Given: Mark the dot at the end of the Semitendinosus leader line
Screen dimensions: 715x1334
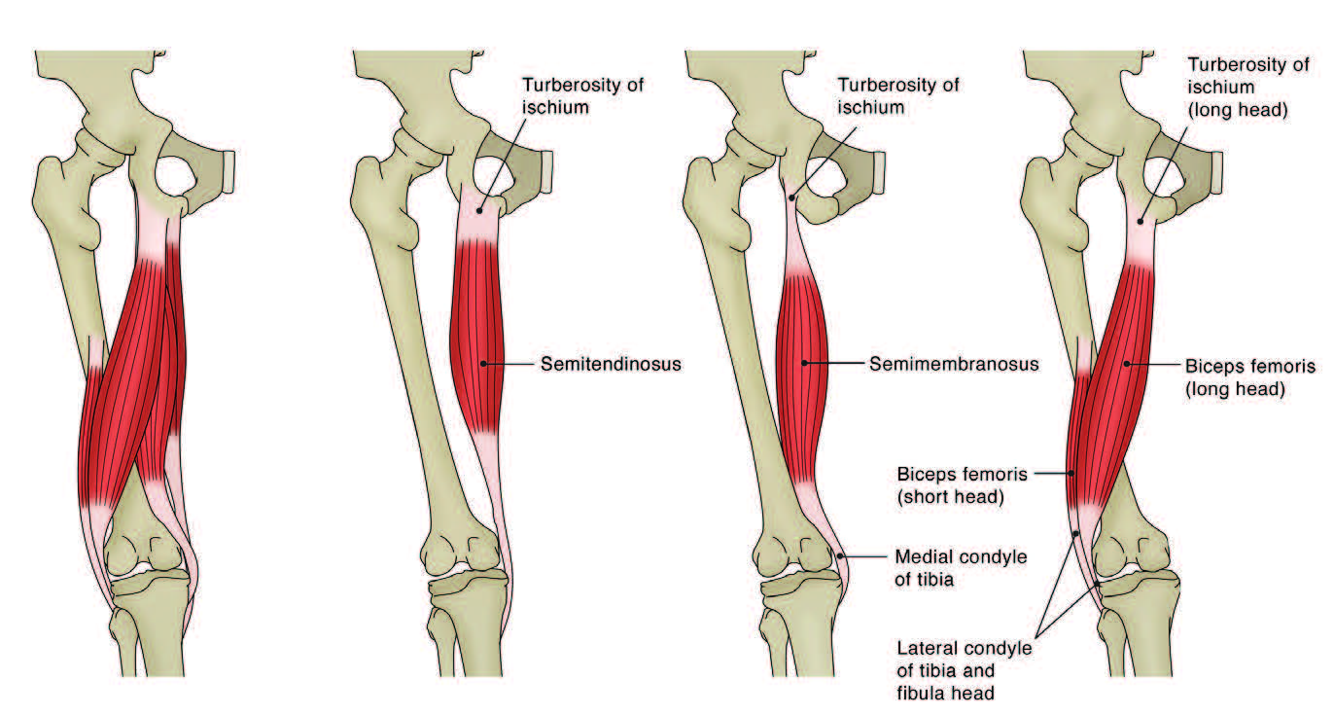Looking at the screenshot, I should click(484, 364).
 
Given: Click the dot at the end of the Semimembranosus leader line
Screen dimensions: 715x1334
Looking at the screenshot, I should click(804, 364).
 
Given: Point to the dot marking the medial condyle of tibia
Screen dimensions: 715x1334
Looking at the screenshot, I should click(840, 557).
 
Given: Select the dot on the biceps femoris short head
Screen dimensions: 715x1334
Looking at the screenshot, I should click(1072, 474).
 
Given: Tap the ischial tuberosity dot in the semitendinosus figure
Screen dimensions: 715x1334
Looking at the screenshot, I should click(479, 210).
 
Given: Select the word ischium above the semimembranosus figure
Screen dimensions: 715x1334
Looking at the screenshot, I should click(871, 107).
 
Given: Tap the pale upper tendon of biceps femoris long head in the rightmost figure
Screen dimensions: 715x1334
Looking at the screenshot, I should click(1143, 233).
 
